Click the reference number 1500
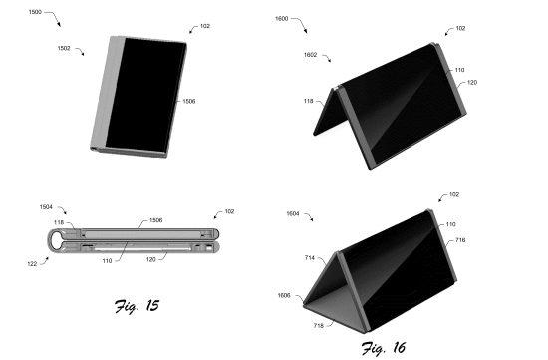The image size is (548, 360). [35, 12]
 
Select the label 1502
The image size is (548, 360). [64, 48]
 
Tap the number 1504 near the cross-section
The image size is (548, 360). [46, 207]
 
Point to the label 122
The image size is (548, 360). [32, 264]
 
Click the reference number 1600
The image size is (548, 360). [282, 19]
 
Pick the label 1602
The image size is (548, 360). [310, 55]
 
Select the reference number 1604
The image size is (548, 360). [293, 214]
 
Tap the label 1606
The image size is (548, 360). [284, 296]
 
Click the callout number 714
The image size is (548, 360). [310, 258]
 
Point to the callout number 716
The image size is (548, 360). [460, 240]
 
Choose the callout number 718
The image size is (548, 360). [319, 326]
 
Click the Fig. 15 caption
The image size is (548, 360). [137, 306]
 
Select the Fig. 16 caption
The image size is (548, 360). [384, 348]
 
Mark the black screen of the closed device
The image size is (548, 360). [145, 95]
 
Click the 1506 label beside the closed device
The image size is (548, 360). [189, 102]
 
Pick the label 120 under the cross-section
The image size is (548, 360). [151, 260]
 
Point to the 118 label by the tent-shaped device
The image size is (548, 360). [308, 101]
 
